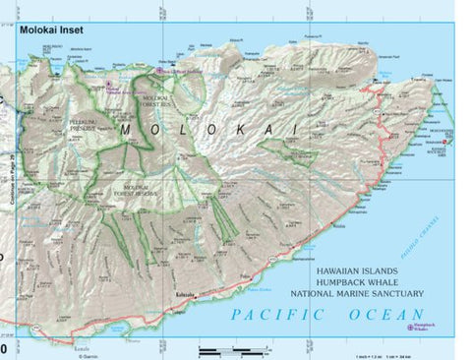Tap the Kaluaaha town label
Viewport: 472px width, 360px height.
coord(186,295)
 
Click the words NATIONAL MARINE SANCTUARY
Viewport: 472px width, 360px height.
coord(356,293)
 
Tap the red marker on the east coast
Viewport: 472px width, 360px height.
coord(446,144)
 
